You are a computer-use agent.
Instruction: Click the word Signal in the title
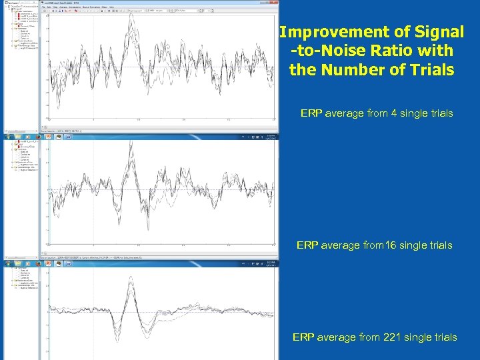(x=439, y=32)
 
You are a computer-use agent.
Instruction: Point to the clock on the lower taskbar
(x=269, y=264)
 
